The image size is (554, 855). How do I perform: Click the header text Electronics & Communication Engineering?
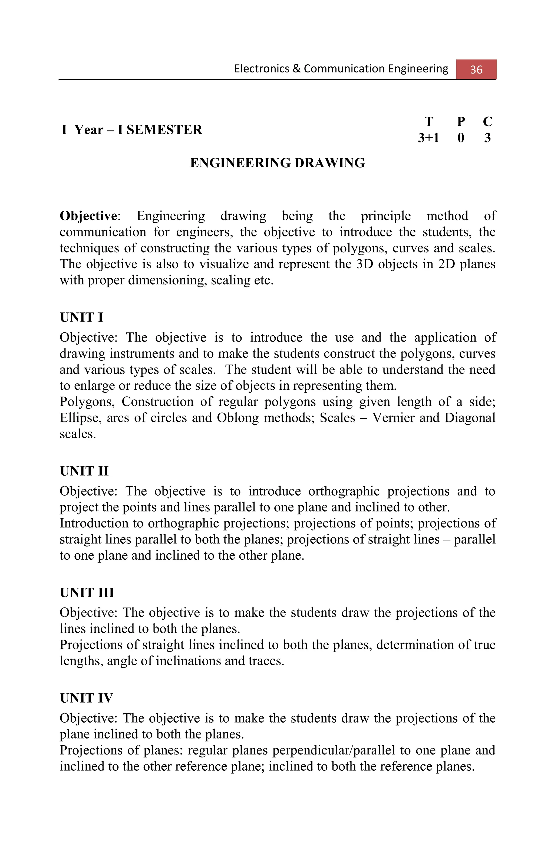341,68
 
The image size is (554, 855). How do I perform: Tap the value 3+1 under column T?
428,138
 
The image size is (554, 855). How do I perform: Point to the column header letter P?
460,122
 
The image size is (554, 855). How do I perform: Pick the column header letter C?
487,122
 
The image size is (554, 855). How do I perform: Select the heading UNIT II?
84,471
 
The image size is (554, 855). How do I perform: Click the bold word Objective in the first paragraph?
88,216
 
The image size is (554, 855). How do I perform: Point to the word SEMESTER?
164,130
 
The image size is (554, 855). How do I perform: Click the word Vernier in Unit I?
392,418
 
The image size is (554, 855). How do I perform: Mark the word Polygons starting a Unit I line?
87,402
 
